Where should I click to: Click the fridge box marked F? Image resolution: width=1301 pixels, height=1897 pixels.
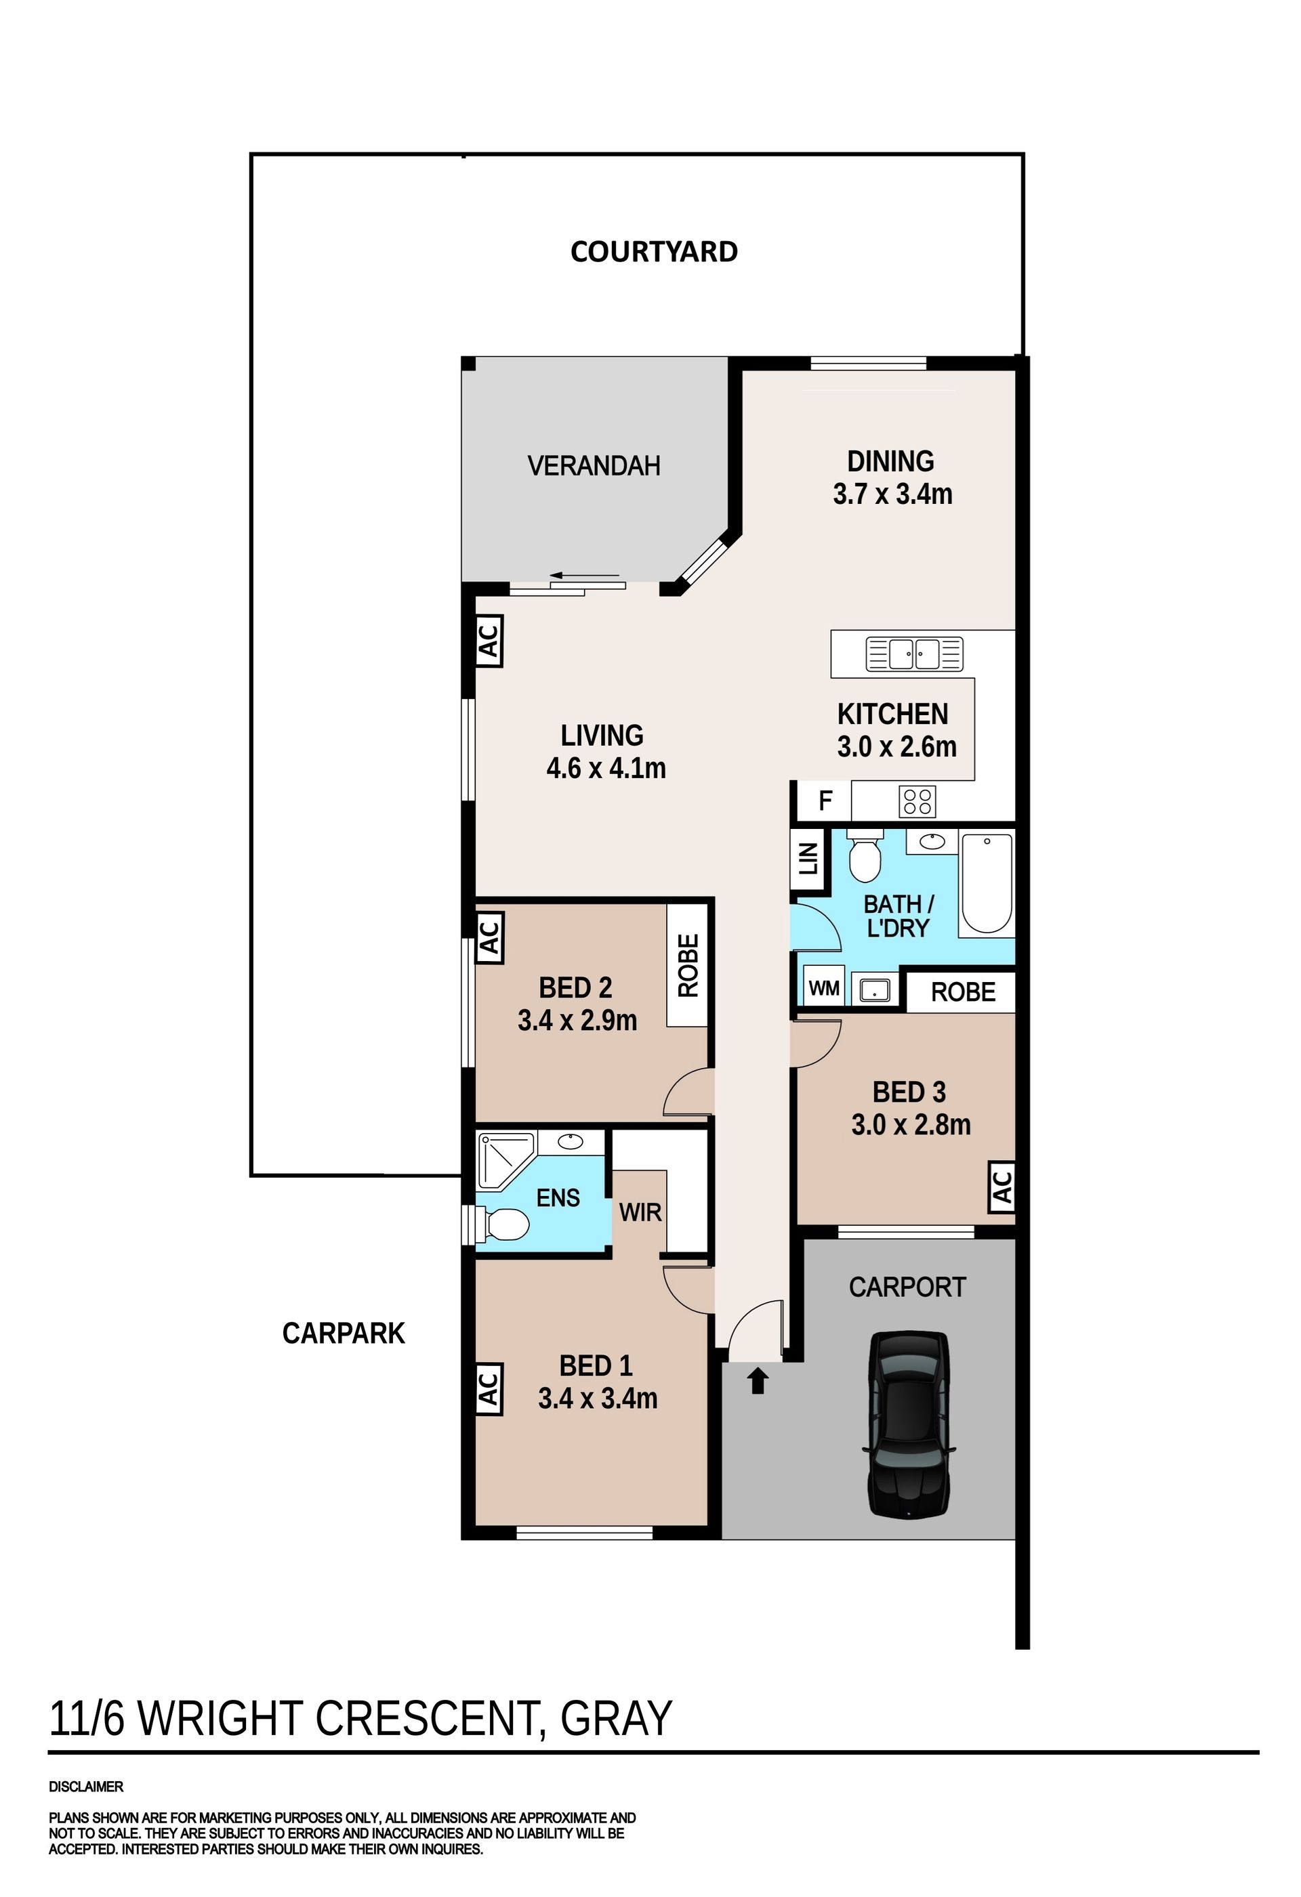[825, 801]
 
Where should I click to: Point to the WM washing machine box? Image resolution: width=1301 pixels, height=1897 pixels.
[824, 989]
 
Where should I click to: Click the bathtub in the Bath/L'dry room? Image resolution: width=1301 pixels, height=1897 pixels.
[988, 882]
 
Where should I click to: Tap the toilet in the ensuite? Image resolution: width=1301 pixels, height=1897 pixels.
[501, 1224]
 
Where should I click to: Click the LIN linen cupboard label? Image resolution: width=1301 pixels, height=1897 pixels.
[808, 858]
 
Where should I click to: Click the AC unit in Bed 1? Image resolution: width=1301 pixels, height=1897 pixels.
[489, 1388]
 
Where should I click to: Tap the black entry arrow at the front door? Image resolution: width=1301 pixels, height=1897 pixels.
[759, 1381]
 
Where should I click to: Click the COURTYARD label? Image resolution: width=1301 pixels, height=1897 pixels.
[653, 251]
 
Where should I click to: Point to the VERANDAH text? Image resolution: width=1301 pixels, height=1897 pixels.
[594, 466]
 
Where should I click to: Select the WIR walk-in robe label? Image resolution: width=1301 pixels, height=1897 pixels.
[640, 1212]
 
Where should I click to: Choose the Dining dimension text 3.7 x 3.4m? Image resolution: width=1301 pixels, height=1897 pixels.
[892, 494]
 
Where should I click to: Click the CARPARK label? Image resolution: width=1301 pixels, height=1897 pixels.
[344, 1333]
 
